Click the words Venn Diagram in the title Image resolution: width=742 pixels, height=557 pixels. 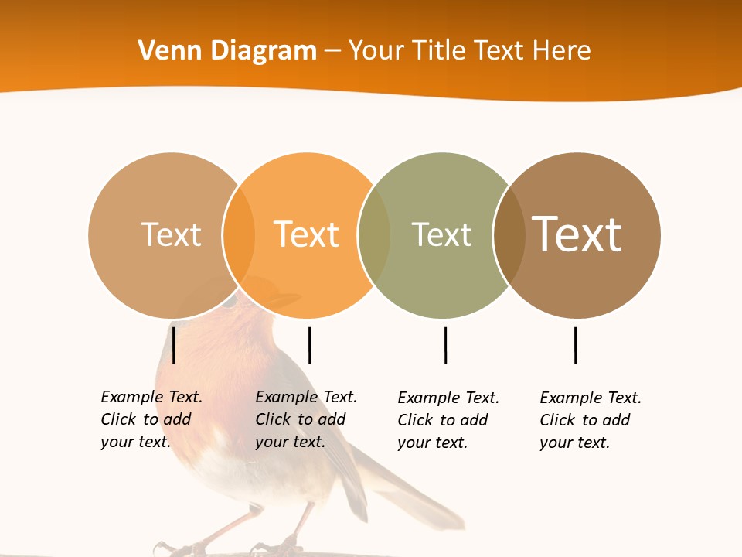tap(227, 51)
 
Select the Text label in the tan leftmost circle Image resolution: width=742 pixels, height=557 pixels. tap(171, 234)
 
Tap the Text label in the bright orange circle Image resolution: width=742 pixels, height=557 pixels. tap(306, 234)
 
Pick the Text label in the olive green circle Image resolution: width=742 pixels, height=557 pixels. tap(441, 234)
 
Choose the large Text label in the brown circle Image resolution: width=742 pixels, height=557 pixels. tap(577, 234)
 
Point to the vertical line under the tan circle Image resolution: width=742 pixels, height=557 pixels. tap(174, 345)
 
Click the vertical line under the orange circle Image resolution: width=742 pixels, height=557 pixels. tap(309, 345)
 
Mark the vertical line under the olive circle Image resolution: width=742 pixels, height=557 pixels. tap(445, 345)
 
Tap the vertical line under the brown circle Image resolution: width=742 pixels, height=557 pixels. tap(575, 345)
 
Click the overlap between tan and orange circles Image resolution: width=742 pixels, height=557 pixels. tap(239, 235)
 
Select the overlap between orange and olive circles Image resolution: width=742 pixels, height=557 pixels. tap(375, 235)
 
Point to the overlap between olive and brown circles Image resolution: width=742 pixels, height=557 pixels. tap(509, 235)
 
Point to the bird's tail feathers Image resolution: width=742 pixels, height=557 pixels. tap(417, 495)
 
